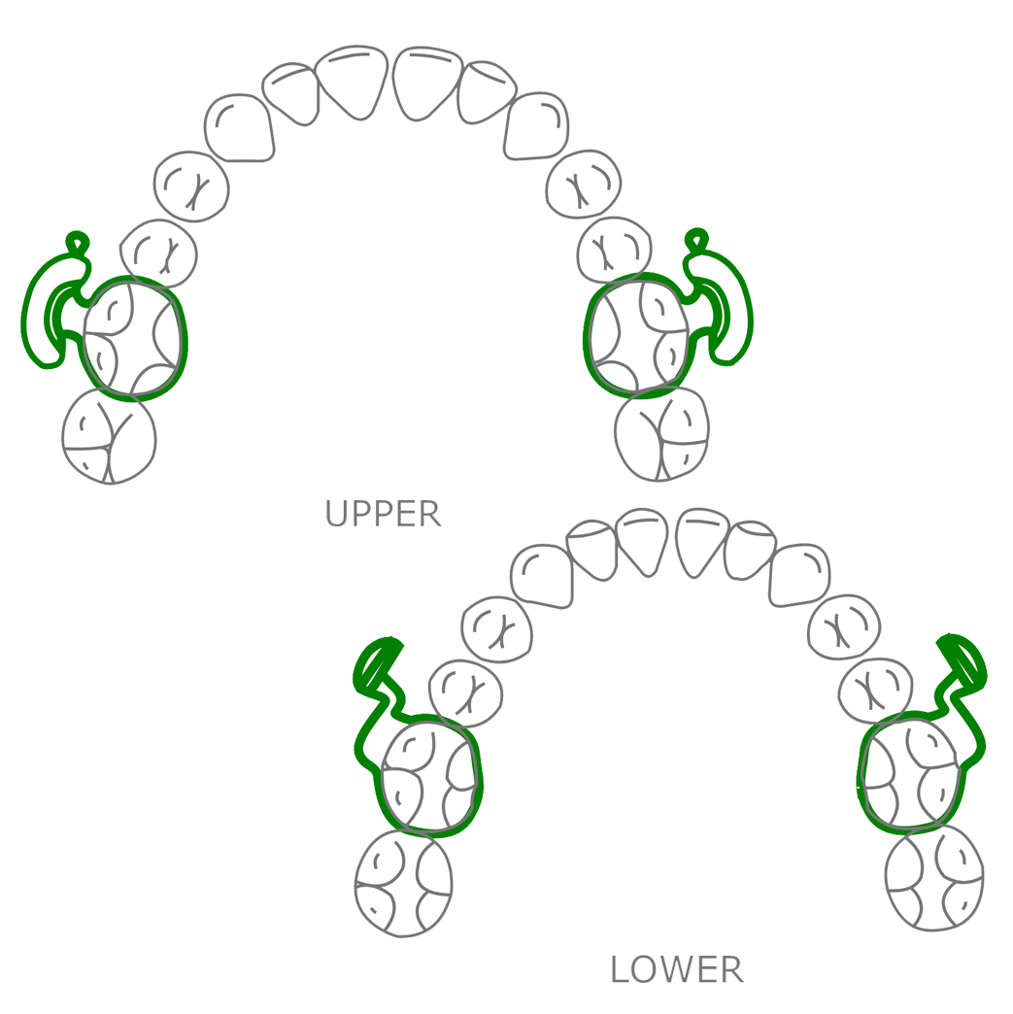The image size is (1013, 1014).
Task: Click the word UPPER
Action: [x=383, y=514]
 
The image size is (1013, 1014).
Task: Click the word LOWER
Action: [x=680, y=968]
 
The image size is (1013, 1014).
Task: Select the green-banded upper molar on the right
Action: [x=638, y=335]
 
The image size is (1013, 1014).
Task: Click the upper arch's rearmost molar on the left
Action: [x=109, y=437]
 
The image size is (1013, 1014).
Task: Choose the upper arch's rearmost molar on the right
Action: [x=662, y=433]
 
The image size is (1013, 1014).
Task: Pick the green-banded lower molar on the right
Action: [x=912, y=773]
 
